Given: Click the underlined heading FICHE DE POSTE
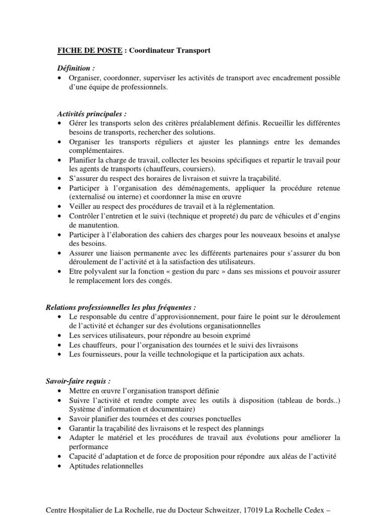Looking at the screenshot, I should coord(88,51).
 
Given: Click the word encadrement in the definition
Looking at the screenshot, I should coord(285,78).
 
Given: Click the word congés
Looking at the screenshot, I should coord(159,281).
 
